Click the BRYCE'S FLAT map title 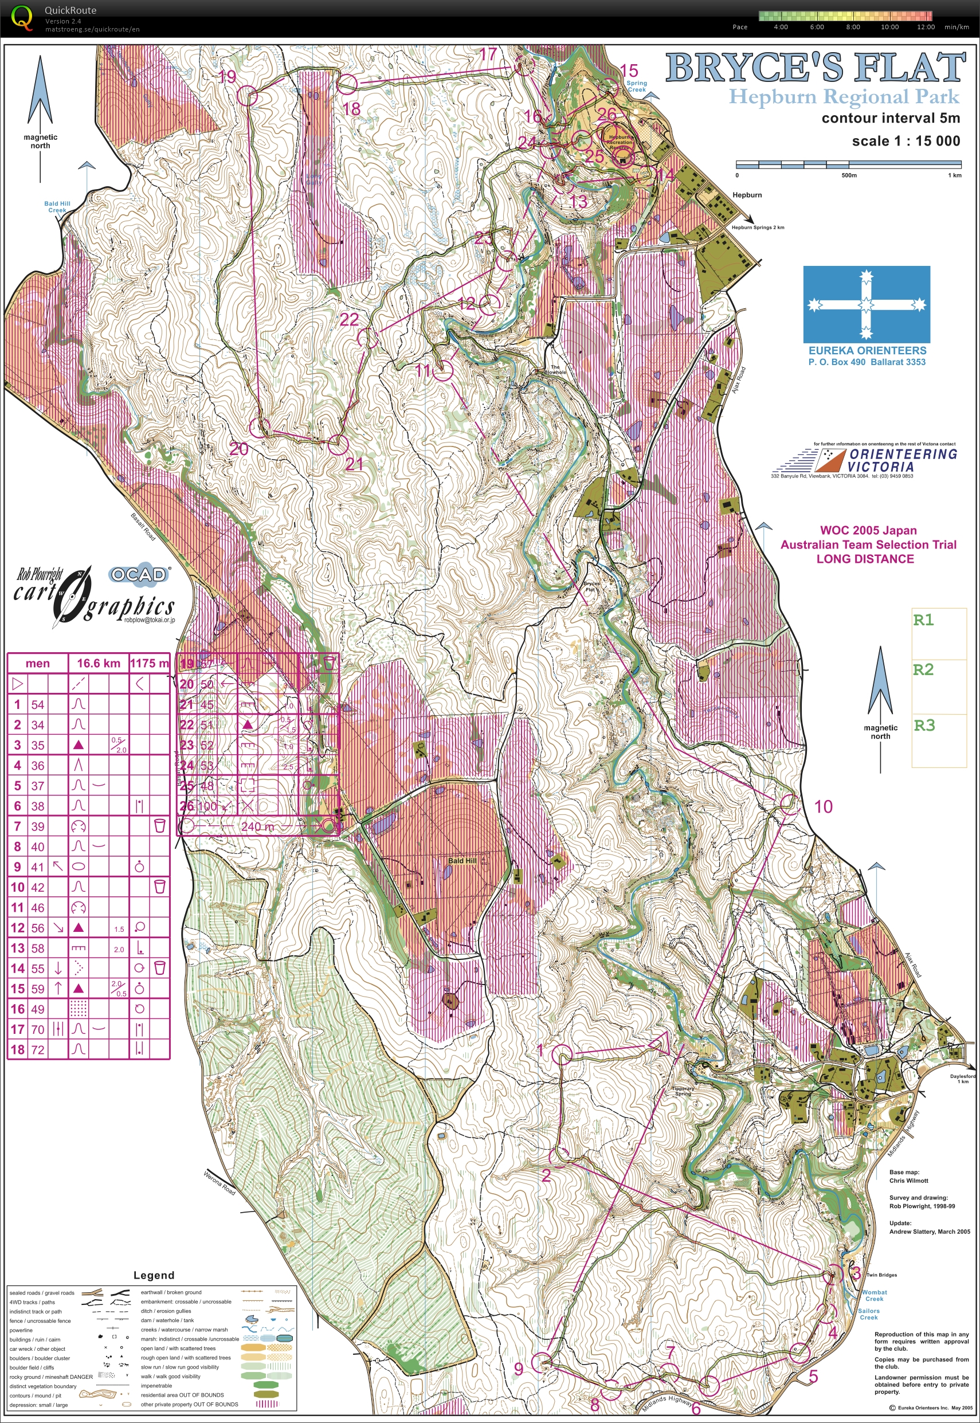point(815,68)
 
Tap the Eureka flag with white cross point(867,304)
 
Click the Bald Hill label point(462,860)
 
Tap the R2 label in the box point(923,669)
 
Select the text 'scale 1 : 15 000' point(905,140)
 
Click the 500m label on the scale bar point(849,175)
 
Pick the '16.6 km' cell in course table point(98,663)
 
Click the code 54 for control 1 point(38,704)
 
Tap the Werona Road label point(219,1182)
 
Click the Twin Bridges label point(881,1275)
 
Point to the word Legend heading point(154,1275)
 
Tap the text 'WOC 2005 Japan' point(868,531)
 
